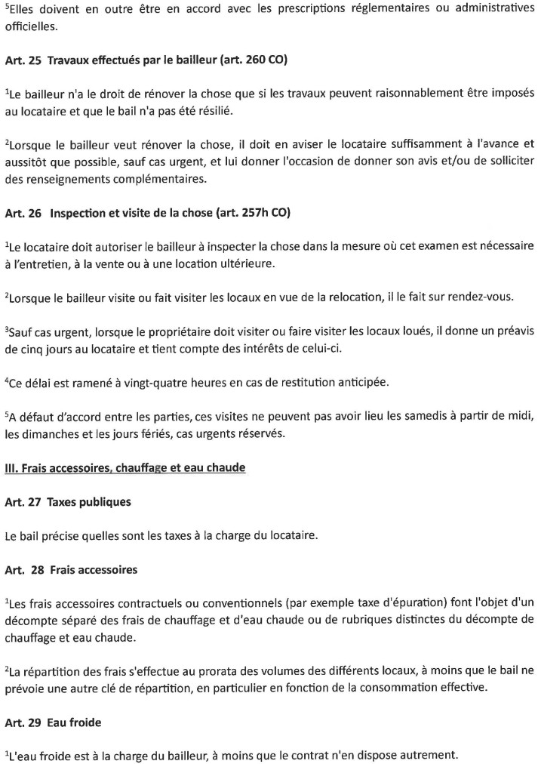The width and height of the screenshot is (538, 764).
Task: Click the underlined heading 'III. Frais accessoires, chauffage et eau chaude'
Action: tap(125, 468)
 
